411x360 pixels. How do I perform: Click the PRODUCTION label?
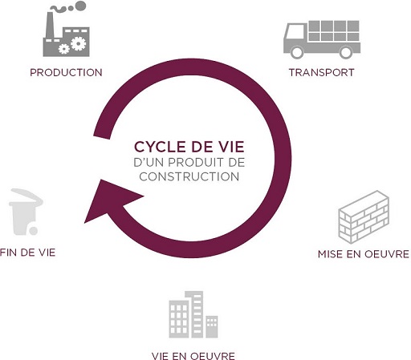tap(66, 72)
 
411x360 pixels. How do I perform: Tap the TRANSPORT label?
tap(322, 72)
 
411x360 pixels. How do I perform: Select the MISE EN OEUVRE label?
tap(364, 253)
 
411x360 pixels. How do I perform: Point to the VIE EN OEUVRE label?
tap(193, 356)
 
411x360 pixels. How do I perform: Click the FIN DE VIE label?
tap(28, 253)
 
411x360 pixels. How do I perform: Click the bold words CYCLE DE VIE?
tap(189, 147)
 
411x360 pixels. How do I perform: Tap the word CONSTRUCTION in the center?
tap(189, 176)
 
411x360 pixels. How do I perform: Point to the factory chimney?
tap(50, 26)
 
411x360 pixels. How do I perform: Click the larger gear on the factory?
tap(79, 43)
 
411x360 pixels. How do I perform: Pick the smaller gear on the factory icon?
tap(64, 49)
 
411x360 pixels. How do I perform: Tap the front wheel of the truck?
tap(297, 52)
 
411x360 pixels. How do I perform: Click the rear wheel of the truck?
tap(346, 52)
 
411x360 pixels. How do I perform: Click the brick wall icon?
tap(364, 216)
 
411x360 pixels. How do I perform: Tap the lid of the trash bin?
tap(26, 197)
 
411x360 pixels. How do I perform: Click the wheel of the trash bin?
tap(34, 231)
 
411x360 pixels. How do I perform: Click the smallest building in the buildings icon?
tap(212, 327)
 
